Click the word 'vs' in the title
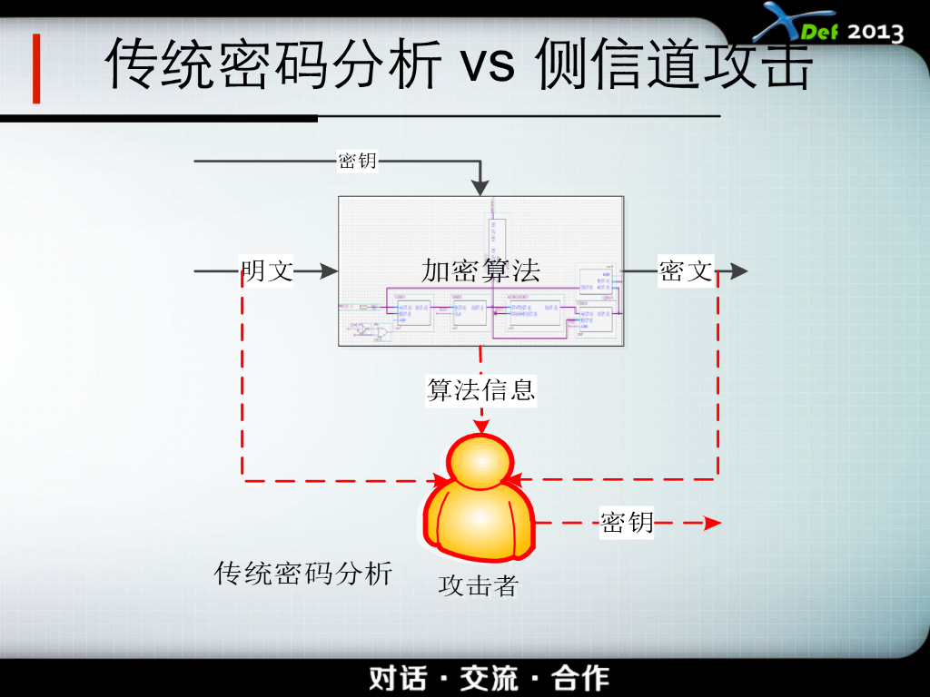(490, 65)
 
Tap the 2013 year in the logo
(876, 32)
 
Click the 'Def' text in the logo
(819, 34)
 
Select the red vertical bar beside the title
(36, 69)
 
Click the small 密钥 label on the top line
(357, 162)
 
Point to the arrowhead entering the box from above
(480, 187)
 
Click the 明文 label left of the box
(267, 270)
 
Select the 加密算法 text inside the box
(480, 270)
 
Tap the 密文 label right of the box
(686, 270)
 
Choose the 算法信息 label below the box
(481, 389)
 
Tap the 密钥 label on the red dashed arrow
(627, 523)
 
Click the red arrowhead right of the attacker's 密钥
(713, 523)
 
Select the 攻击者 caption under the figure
(478, 586)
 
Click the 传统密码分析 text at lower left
(303, 574)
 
